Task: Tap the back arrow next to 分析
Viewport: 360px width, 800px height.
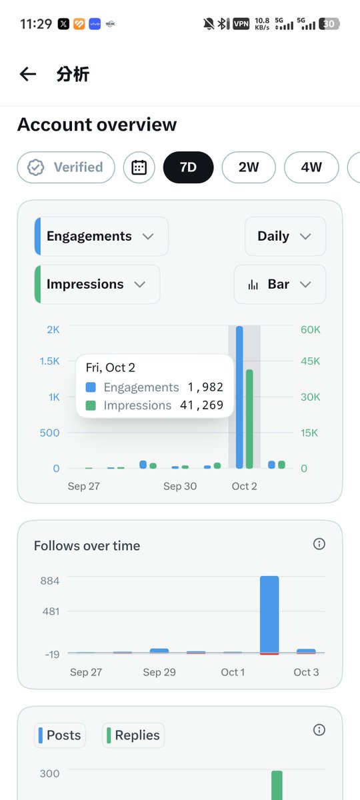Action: pos(28,74)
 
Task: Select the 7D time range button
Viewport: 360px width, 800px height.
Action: pos(188,167)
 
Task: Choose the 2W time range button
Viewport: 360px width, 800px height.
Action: pos(249,167)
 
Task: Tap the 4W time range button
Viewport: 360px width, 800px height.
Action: pos(311,167)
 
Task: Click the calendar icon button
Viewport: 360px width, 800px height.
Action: pos(139,167)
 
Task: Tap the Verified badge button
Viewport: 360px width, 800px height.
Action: pos(66,167)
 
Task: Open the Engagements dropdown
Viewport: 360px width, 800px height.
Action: pos(101,236)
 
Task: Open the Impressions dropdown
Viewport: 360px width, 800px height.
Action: pos(97,284)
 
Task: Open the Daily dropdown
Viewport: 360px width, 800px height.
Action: pos(285,236)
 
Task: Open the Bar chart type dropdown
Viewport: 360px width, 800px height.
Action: pos(279,284)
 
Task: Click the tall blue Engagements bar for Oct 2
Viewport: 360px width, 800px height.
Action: pos(239,397)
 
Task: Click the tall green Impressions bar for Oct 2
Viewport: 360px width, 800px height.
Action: pos(249,419)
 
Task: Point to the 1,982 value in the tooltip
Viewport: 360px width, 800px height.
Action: pos(205,387)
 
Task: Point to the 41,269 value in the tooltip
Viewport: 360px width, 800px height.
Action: pos(202,405)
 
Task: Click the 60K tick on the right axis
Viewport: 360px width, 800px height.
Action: pos(311,329)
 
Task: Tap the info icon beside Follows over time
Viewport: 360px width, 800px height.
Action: pos(319,544)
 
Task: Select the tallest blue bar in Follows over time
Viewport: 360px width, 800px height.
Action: pos(269,615)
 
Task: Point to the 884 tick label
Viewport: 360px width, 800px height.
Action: pos(50,581)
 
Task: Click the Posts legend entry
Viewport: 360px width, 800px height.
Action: pos(60,735)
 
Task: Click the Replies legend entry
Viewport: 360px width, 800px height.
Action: pos(133,735)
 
